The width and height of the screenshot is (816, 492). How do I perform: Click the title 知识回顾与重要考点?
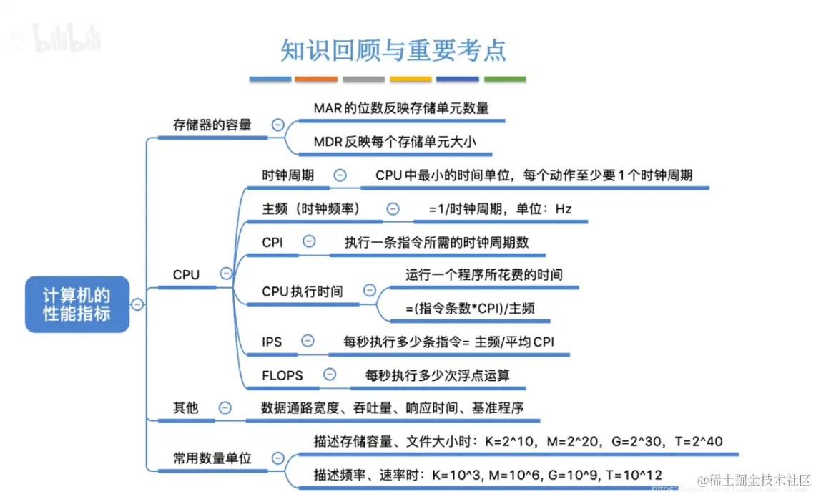point(393,50)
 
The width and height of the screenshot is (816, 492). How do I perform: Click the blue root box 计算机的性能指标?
point(77,304)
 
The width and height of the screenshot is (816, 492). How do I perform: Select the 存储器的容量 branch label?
point(212,125)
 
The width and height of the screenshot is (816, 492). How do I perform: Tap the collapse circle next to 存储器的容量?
point(278,125)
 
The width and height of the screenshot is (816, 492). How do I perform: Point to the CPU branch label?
point(186,274)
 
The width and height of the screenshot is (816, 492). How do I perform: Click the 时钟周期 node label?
point(288,175)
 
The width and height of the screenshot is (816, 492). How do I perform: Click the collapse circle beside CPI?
point(309,242)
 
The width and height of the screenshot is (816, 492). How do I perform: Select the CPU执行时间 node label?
point(303,291)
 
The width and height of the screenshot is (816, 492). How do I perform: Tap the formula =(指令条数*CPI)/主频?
point(470,309)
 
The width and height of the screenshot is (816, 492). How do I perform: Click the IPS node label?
point(272,342)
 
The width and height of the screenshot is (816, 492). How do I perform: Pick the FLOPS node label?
point(282,375)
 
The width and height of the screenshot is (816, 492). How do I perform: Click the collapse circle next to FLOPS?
point(330,375)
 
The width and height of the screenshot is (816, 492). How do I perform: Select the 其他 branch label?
point(186,408)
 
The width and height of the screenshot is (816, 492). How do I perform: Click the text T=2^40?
point(699,442)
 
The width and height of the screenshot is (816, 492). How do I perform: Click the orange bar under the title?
point(316,79)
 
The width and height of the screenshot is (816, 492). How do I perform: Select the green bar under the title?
point(505,79)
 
